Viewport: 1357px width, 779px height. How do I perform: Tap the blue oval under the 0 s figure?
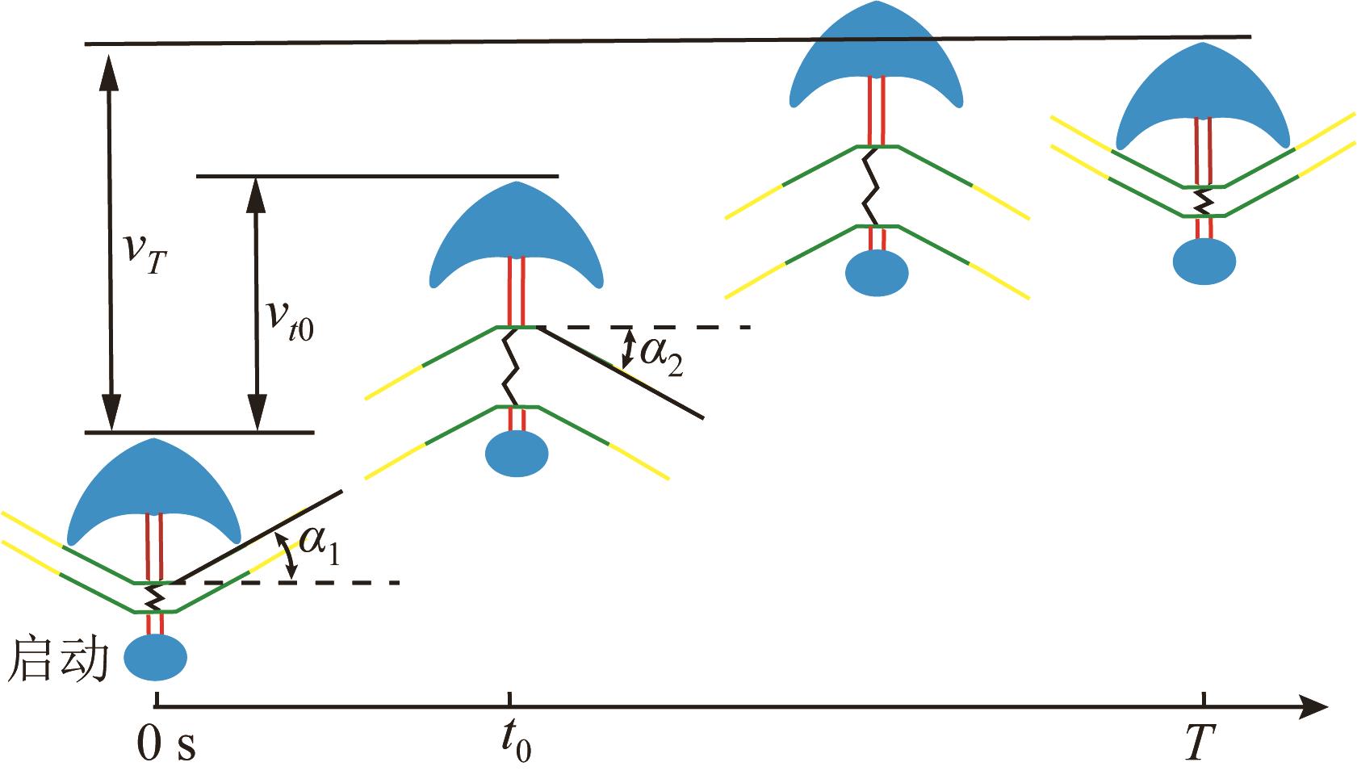tap(156, 657)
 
